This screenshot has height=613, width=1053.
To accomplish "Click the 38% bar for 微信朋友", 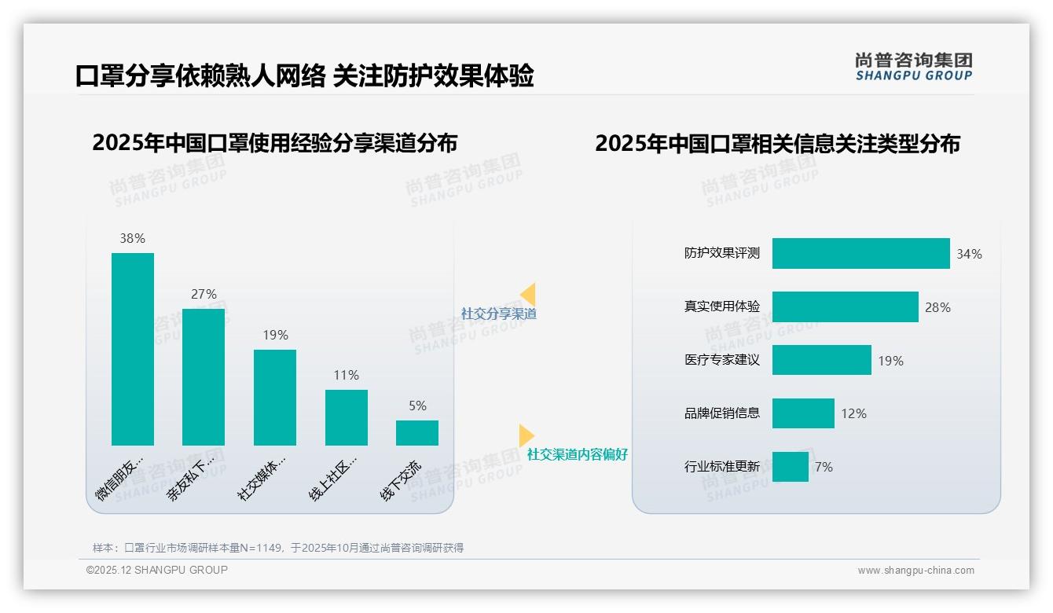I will [x=133, y=349].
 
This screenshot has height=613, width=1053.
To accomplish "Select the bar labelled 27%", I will [x=204, y=377].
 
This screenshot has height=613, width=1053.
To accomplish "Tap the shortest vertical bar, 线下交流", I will [x=417, y=433].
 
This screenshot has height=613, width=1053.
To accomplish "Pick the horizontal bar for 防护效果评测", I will [x=860, y=254].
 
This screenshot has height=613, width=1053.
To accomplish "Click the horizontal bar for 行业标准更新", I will [x=790, y=467].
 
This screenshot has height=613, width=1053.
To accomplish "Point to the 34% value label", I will [x=969, y=255].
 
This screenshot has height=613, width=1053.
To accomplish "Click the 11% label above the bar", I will [x=346, y=376].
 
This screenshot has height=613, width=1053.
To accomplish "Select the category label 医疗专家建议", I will [x=721, y=361].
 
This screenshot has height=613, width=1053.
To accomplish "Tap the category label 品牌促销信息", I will [x=721, y=413].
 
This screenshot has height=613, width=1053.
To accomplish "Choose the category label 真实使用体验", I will [x=721, y=307].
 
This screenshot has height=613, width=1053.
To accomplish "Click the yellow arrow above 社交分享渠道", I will [x=528, y=295].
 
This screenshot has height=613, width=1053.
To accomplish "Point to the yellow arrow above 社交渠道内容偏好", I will [x=526, y=435].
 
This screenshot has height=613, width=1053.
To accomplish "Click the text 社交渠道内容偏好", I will [x=577, y=455].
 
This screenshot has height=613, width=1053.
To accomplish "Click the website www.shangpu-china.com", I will [x=915, y=571].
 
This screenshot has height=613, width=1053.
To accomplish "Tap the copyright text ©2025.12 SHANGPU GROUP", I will [x=157, y=570].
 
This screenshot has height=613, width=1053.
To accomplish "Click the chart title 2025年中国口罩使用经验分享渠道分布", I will [x=274, y=143].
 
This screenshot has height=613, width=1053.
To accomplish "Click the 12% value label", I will [x=853, y=413].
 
